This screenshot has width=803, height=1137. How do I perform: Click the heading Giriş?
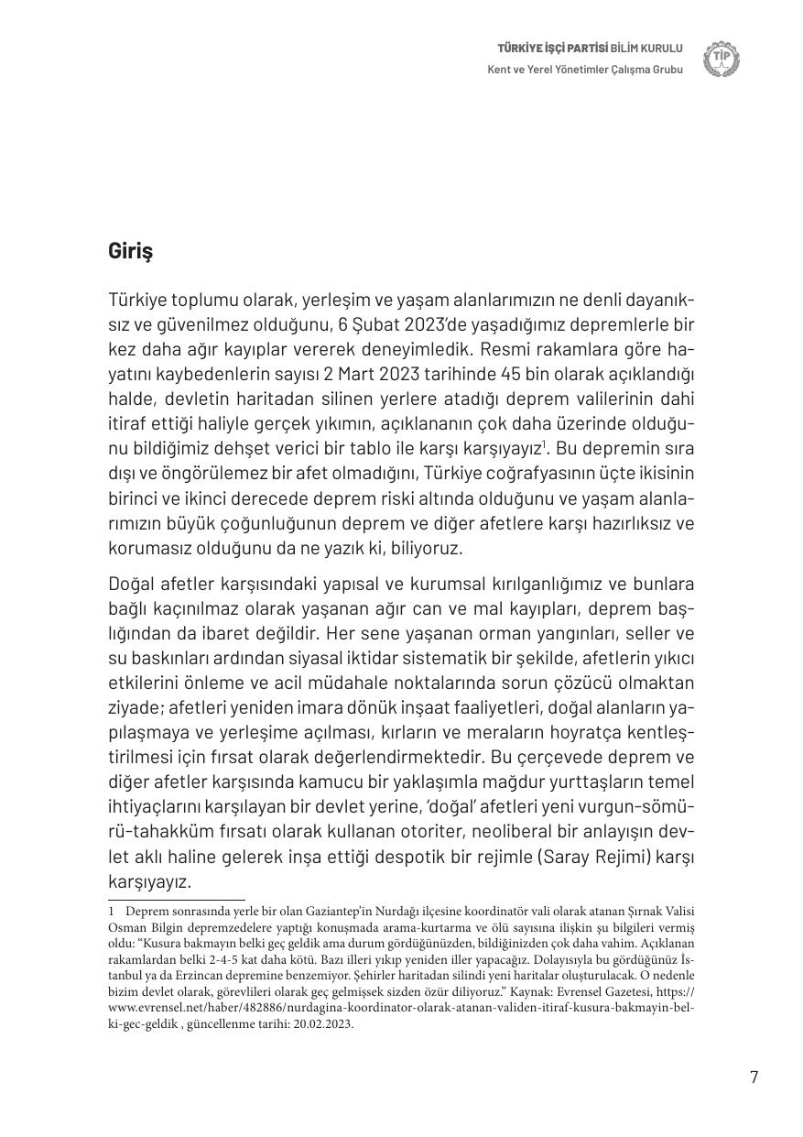tap(130, 251)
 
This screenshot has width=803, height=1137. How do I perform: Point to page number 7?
tap(754, 1077)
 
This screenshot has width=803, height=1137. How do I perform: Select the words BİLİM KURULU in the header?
tap(647, 48)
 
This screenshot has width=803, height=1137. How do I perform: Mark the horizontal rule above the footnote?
tap(177, 901)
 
